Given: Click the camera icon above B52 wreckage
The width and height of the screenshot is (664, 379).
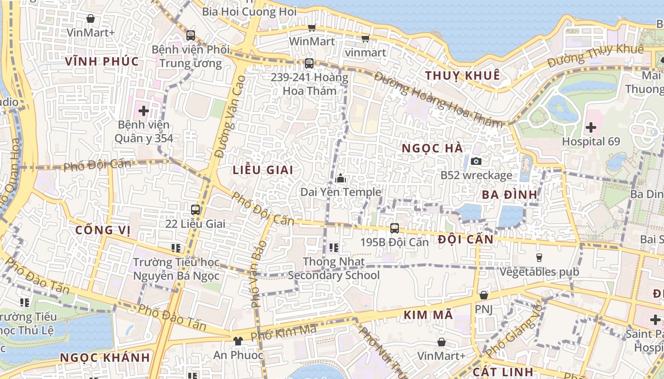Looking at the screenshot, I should (476, 162).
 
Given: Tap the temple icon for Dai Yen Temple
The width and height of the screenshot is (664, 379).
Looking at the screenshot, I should (341, 179).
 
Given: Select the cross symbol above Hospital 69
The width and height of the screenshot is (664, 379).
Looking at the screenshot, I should (590, 127).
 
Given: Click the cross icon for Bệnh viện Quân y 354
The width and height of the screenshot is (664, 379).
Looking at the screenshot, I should (143, 111).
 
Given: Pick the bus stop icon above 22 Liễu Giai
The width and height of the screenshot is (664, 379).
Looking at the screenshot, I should (195, 209).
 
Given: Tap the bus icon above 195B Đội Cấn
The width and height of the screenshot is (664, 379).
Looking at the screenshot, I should (394, 228).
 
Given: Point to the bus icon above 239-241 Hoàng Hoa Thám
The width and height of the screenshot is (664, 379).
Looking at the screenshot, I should (309, 63).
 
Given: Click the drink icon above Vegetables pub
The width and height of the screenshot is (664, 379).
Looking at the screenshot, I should (539, 258).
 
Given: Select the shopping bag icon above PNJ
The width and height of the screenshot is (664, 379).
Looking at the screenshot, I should (483, 295).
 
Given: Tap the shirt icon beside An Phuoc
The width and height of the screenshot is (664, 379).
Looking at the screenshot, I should (238, 341).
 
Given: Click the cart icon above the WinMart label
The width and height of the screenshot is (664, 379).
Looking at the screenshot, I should (312, 27).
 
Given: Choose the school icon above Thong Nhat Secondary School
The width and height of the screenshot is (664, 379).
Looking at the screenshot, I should (333, 247).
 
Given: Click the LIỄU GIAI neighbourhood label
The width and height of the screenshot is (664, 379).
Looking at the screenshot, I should (263, 170).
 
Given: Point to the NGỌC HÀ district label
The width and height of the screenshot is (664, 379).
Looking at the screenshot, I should (432, 148).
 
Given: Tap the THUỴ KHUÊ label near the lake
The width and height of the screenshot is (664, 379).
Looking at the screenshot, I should (462, 75).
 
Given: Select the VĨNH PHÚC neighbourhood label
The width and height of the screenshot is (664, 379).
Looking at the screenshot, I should (101, 61).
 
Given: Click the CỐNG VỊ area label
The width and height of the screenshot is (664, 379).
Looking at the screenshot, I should (103, 230).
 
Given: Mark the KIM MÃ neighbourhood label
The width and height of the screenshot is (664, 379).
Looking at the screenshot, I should (428, 315).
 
